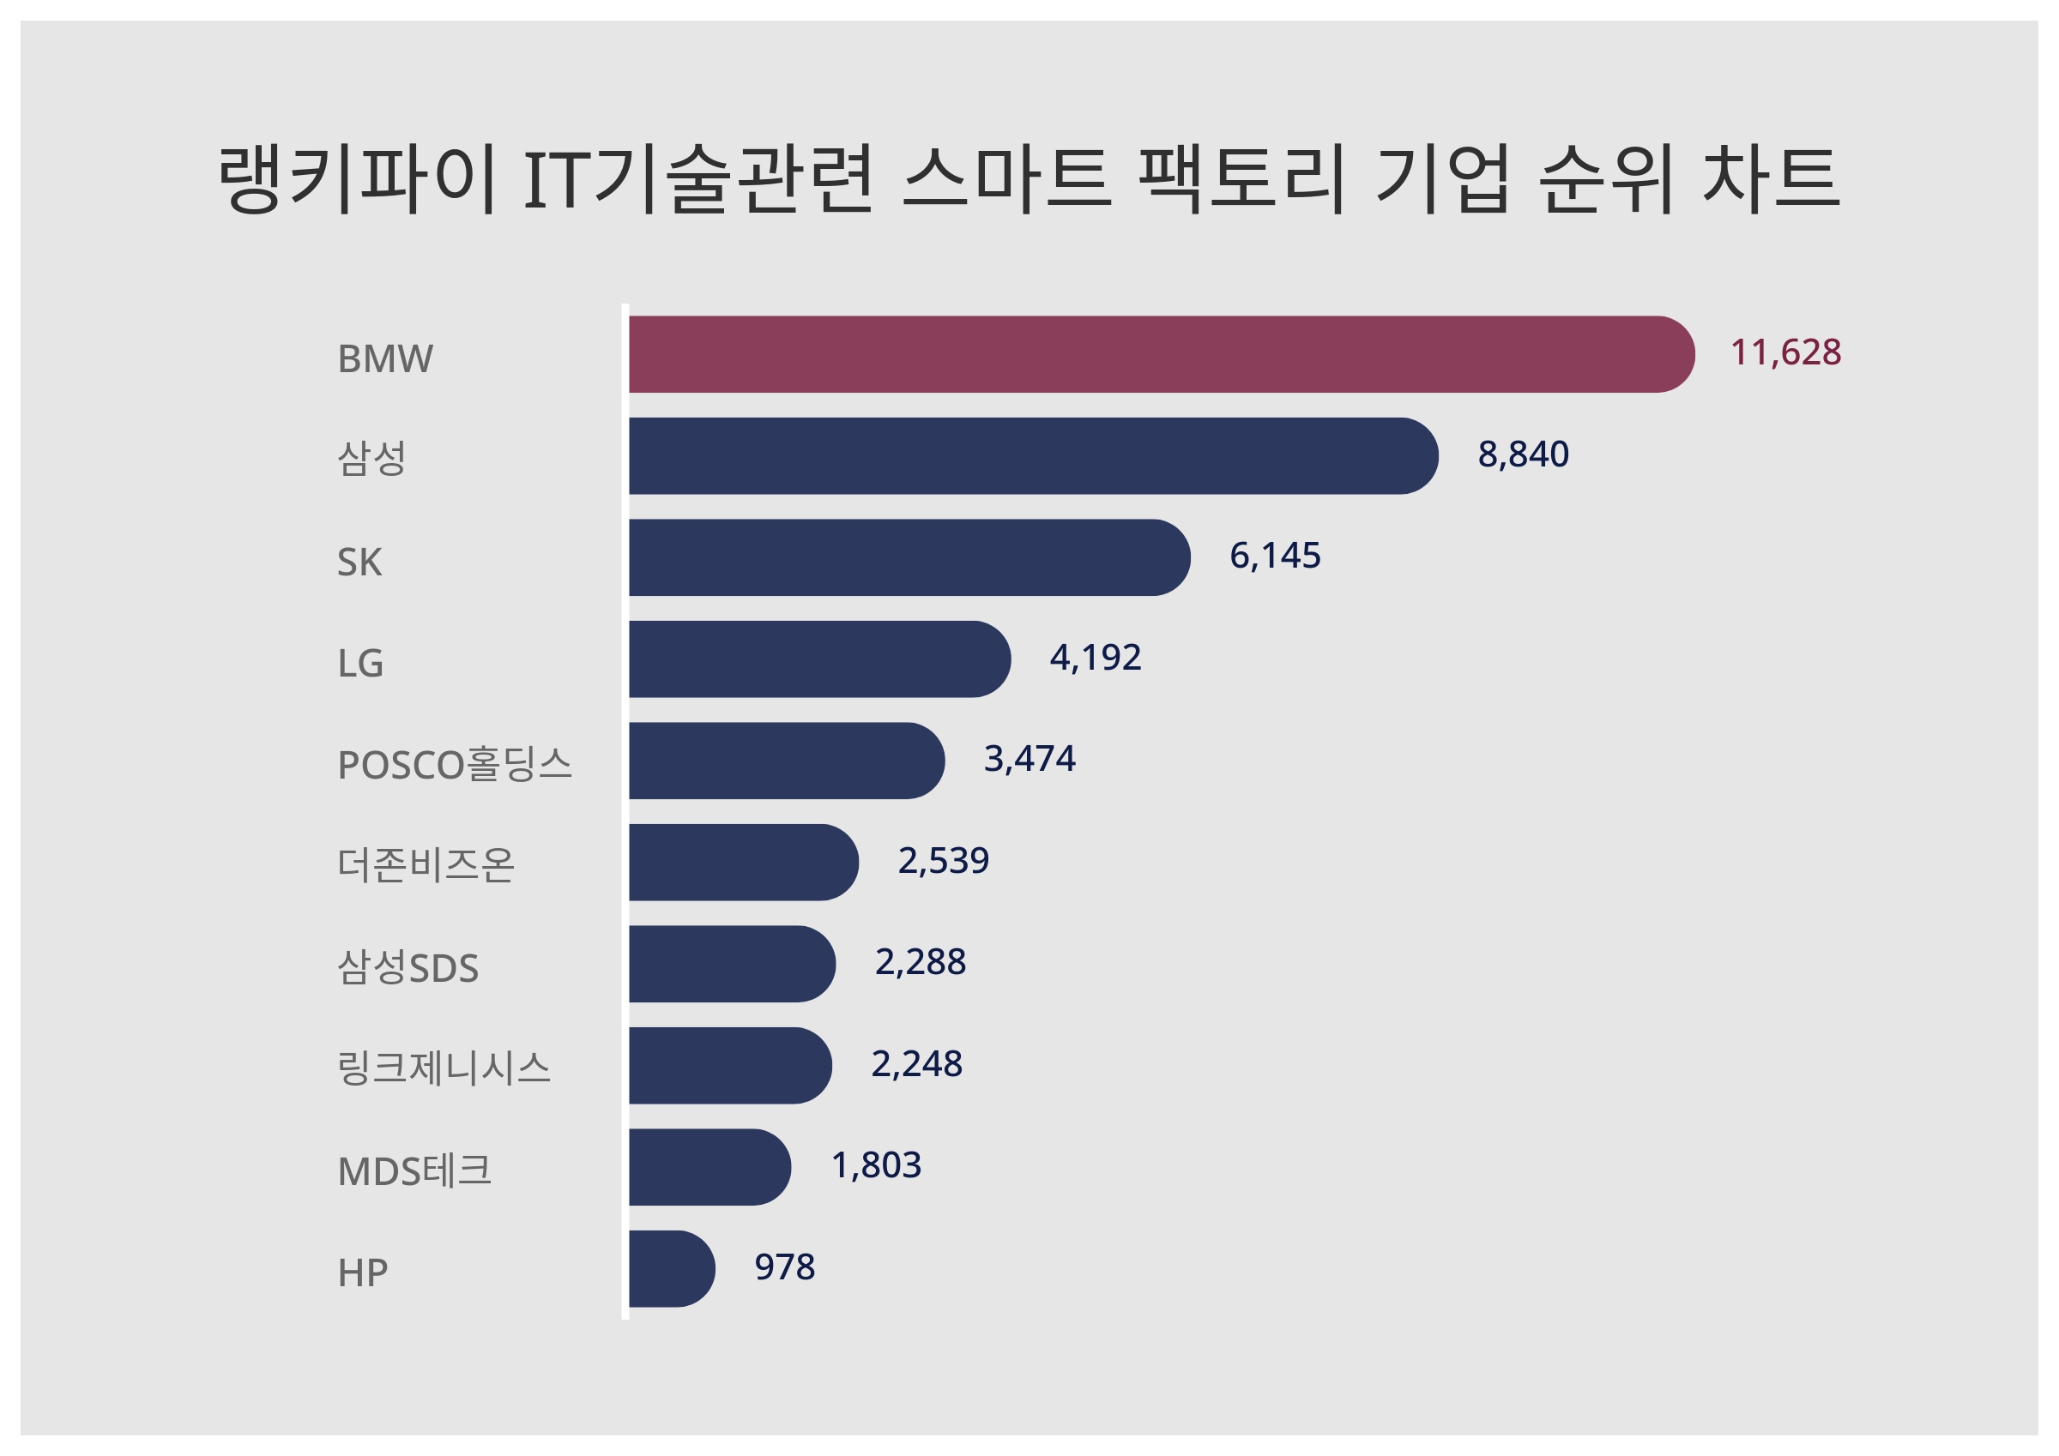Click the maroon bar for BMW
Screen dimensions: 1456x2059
1156,354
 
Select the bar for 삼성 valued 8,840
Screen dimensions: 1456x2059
1031,455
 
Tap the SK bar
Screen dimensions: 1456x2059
906,557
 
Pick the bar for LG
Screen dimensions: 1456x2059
816,659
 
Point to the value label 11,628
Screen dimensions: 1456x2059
1784,352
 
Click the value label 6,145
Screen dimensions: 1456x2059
1274,556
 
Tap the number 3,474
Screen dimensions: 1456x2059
1029,759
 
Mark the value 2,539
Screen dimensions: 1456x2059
943,861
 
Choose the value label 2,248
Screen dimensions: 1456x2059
915,1064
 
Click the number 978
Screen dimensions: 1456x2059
784,1266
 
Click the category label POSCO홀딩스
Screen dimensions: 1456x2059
454,764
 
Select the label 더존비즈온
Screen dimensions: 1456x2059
425,865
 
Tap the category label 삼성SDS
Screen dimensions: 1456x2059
408,967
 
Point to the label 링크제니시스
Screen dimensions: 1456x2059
443,1068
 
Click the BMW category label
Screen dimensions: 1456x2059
384,358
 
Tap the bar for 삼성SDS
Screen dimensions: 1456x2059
730,964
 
